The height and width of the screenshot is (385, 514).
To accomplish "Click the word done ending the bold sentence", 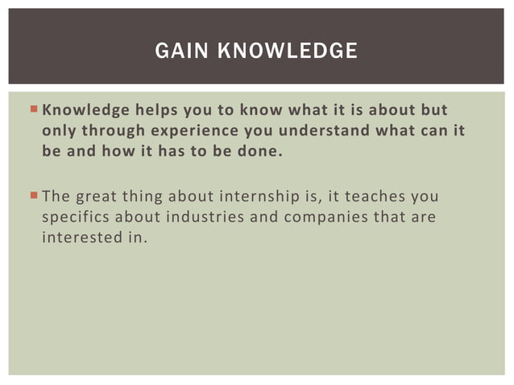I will point(263,151).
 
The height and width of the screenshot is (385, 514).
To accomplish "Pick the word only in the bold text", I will point(57,130).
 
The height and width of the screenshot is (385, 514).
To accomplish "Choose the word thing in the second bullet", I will point(143,196).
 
